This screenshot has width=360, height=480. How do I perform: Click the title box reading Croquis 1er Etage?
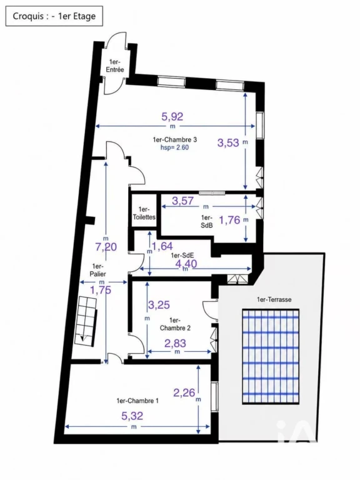coord(54,16)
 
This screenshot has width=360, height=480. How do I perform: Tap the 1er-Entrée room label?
coord(115,66)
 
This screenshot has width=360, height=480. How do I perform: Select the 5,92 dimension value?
coord(172,116)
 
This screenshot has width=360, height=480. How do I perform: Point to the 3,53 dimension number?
coord(228,142)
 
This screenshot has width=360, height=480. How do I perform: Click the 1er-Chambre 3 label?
coord(175,139)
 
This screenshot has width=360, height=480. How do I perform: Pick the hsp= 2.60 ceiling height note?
coord(175,147)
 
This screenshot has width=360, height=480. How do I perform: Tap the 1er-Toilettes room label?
coord(144,213)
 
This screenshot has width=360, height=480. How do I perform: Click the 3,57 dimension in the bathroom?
coord(182,201)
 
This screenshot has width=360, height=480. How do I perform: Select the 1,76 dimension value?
coord(229,220)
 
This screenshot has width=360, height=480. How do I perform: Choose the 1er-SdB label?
coord(207,221)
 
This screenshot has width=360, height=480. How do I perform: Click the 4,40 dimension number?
coord(186,263)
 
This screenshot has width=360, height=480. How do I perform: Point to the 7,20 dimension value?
coord(106,247)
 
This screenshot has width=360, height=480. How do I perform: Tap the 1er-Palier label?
coord(98,270)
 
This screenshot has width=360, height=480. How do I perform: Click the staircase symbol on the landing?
coord(86,321)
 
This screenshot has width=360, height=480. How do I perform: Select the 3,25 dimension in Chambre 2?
coord(159,305)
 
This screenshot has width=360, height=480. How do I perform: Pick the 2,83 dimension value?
coord(175,344)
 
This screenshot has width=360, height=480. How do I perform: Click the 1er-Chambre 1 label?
coord(137,401)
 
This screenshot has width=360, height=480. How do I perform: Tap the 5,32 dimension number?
coord(132,416)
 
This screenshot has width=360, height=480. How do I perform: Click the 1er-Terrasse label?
coord(274,299)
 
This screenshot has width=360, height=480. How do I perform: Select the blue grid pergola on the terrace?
coord(271,357)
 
